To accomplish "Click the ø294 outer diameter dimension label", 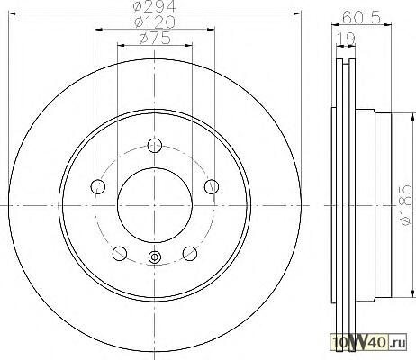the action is [x=155, y=6].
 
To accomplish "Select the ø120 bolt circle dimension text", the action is [x=155, y=22].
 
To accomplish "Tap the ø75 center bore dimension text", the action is [x=155, y=39].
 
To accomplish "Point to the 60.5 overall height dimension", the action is [x=361, y=17].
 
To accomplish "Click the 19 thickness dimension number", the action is [x=346, y=39].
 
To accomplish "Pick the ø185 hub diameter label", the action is [x=407, y=204].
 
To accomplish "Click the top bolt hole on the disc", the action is [x=155, y=146].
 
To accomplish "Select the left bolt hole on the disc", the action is [x=98, y=186].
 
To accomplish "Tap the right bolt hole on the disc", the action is [x=212, y=186].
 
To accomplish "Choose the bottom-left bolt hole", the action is [x=120, y=254].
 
